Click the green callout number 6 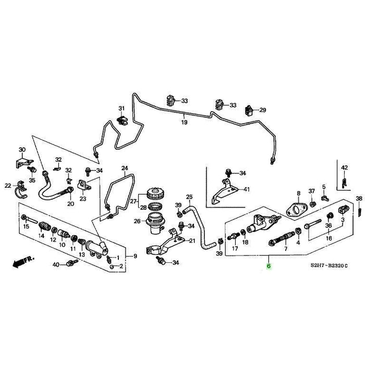pos(269,265)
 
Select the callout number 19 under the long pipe pos(184,123)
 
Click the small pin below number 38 pos(360,210)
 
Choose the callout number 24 pos(125,167)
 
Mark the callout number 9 pos(135,256)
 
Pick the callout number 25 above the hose pos(189,197)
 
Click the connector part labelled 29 pos(249,110)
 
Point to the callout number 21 pos(191,240)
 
